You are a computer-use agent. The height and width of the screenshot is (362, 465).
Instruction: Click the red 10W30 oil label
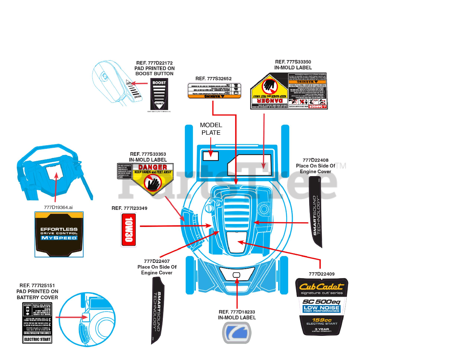pyautogui.click(x=129, y=230)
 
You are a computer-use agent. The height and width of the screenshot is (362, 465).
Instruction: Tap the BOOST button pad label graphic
pyautogui.click(x=159, y=94)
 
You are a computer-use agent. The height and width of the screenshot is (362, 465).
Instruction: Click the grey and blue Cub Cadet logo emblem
pyautogui.click(x=236, y=333)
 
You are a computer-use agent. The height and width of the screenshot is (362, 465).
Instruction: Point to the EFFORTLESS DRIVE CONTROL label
pyautogui.click(x=59, y=235)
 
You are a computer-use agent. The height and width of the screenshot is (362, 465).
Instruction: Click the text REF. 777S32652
pyautogui.click(x=213, y=78)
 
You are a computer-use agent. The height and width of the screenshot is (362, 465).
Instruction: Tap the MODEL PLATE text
pyautogui.click(x=211, y=129)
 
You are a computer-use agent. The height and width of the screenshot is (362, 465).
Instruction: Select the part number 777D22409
pyautogui.click(x=322, y=274)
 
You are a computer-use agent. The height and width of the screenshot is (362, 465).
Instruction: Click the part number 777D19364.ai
pyautogui.click(x=58, y=207)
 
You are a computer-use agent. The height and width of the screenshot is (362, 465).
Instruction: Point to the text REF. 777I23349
pyautogui.click(x=129, y=208)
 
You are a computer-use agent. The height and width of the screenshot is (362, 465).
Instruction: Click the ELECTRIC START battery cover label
pyautogui.click(x=37, y=323)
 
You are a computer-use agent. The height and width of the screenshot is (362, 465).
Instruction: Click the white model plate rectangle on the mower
pyautogui.click(x=211, y=156)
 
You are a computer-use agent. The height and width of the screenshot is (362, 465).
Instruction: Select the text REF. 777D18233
pyautogui.click(x=237, y=312)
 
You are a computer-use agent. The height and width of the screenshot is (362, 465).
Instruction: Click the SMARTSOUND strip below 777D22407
pyautogui.click(x=157, y=310)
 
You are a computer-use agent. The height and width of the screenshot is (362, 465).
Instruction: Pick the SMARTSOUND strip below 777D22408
pyautogui.click(x=316, y=212)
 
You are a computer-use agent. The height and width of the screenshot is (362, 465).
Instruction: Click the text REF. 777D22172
pyautogui.click(x=154, y=63)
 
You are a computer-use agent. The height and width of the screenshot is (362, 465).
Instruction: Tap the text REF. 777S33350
pyautogui.click(x=293, y=62)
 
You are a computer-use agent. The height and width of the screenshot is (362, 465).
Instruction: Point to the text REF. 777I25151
pyautogui.click(x=37, y=286)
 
